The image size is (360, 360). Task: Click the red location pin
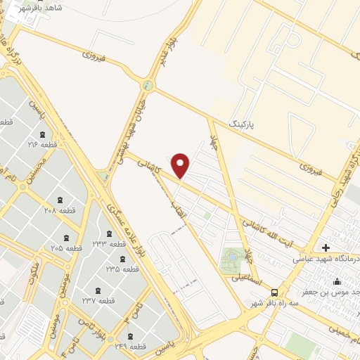point(181,166)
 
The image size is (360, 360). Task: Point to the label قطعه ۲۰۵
point(67,248)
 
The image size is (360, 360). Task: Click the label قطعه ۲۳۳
point(108,243)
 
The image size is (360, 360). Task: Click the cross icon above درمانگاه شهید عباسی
point(325,247)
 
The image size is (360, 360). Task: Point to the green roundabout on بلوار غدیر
point(148,86)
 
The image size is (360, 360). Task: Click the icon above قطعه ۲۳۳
point(108,233)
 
